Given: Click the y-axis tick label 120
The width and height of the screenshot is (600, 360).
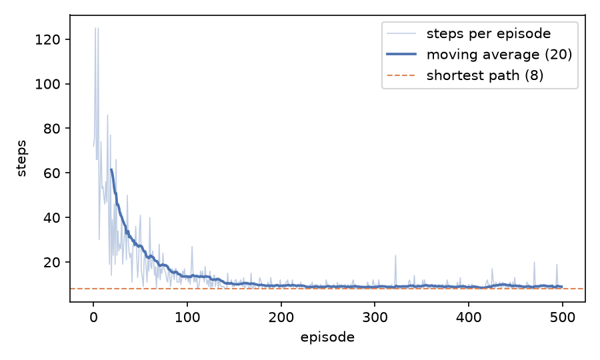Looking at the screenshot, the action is (x=47, y=39).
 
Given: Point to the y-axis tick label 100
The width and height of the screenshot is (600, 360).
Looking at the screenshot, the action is (x=47, y=84).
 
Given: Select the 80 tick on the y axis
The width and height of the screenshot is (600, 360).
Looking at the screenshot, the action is (x=51, y=129).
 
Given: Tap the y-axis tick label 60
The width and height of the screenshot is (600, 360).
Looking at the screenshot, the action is (x=51, y=173).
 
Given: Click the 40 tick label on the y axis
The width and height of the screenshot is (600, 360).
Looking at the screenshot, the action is (x=51, y=218).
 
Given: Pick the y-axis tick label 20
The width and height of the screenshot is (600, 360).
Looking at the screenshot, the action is (x=51, y=263).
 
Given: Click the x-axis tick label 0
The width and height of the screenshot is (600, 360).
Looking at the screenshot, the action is (x=93, y=317).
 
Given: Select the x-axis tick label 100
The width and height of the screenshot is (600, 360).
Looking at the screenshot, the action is (x=187, y=317).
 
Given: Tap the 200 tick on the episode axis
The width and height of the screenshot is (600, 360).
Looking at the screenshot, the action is (x=281, y=317).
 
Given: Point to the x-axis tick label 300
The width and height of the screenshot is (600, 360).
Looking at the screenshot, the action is (x=375, y=317).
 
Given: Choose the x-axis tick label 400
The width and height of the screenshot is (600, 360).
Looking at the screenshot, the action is (x=469, y=317).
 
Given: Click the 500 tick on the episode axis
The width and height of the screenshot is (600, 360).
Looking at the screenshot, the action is (x=562, y=317).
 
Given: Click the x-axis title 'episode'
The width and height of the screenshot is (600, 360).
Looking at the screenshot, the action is (x=327, y=337).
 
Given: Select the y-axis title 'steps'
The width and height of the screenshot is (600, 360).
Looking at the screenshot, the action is (x=21, y=159).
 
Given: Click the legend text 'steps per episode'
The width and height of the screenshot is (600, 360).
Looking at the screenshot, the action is (x=489, y=33).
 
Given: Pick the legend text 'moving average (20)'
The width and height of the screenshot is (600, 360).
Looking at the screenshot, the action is (x=499, y=55).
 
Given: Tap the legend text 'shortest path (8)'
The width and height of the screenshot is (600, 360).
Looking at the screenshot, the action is (x=485, y=75).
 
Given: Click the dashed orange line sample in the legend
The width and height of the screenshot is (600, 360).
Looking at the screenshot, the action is (x=401, y=75).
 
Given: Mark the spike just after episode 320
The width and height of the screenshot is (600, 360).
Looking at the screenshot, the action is (x=395, y=255).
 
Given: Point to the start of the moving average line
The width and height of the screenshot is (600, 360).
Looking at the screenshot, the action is (x=111, y=169).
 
